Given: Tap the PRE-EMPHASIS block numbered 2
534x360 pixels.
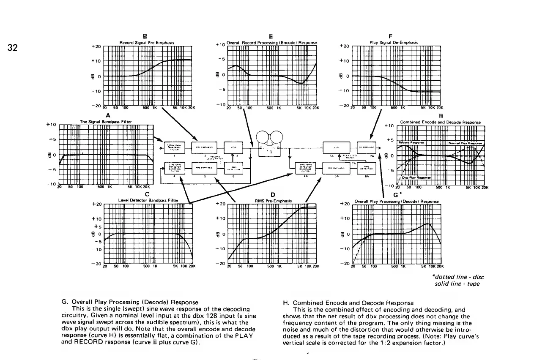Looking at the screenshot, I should [x=204, y=147].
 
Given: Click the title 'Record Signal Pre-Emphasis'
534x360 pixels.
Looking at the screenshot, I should [x=147, y=42].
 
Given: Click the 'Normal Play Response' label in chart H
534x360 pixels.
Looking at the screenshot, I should [x=465, y=143].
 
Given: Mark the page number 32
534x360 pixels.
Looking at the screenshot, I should [x=16, y=47].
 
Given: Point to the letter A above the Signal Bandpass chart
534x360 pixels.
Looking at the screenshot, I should [x=108, y=115].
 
